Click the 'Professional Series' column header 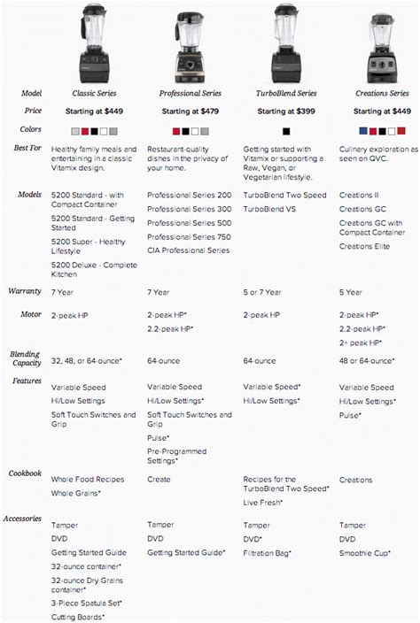pyautogui.click(x=189, y=93)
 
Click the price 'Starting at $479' pyautogui.click(x=190, y=112)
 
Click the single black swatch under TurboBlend pyautogui.click(x=286, y=131)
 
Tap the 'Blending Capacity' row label pyautogui.click(x=26, y=358)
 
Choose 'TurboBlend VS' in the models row pyautogui.click(x=270, y=209)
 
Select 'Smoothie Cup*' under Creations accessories pyautogui.click(x=371, y=552)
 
